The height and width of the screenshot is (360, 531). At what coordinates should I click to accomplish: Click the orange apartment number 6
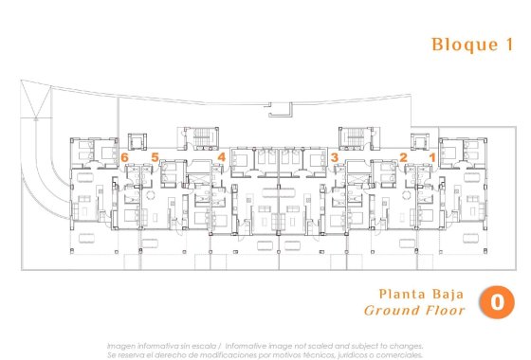(x=125, y=156)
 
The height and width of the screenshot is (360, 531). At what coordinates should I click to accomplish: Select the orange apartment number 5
(x=155, y=156)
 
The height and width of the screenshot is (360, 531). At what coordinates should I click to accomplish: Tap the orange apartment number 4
(x=221, y=156)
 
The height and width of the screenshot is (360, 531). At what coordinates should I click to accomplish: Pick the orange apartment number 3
(x=334, y=156)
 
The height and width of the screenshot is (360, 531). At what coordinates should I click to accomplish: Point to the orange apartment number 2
(x=403, y=156)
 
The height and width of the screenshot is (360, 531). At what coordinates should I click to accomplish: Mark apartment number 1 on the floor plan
(x=431, y=156)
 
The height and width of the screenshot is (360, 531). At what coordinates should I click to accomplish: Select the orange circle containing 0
(x=496, y=301)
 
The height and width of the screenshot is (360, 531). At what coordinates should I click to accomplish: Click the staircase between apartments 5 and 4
(x=202, y=138)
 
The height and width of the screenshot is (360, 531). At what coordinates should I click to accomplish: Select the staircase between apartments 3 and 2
(x=354, y=138)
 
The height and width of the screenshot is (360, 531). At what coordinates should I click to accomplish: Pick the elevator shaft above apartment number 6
(x=140, y=138)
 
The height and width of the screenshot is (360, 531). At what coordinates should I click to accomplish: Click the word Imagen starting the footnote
(x=122, y=345)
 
